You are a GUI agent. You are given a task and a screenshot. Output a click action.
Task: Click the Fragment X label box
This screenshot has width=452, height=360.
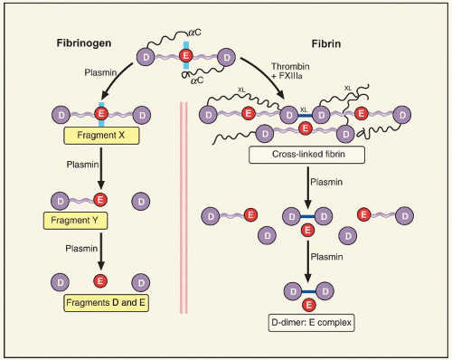[101, 136]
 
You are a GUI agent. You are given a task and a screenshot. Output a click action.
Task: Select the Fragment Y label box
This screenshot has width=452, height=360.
[75, 221]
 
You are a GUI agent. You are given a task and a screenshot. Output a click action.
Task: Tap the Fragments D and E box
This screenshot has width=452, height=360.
[106, 303]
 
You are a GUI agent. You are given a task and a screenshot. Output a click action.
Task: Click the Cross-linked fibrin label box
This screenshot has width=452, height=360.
[306, 155]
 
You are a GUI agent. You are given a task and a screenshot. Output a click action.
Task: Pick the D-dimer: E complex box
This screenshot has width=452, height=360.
[311, 323]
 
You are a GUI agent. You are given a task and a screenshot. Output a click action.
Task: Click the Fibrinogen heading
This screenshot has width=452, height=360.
[84, 43]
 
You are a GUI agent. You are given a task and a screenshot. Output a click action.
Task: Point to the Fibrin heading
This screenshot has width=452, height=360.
[326, 44]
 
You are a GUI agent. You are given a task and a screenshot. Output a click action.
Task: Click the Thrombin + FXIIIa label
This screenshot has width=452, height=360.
[290, 71]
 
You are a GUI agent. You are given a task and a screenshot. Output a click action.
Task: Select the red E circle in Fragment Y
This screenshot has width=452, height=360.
[100, 200]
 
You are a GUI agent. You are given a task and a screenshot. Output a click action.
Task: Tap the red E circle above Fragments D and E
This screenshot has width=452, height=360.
[100, 281]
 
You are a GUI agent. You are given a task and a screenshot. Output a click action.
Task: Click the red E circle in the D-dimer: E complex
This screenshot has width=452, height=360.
[309, 305]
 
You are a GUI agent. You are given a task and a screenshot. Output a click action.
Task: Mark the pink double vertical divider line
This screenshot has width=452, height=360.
[184, 208]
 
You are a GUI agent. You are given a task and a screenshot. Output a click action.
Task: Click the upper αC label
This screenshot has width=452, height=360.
[194, 33]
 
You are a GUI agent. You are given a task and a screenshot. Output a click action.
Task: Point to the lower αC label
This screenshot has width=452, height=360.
[197, 81]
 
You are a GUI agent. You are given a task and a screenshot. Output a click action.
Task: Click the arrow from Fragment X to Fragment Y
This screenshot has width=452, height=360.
[101, 168]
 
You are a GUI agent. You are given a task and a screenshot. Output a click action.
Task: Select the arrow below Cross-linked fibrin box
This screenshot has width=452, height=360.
[307, 187]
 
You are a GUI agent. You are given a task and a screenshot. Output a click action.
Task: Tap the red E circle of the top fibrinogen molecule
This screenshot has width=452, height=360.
[186, 56]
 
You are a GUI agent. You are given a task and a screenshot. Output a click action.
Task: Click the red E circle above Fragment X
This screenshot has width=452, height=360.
[101, 114]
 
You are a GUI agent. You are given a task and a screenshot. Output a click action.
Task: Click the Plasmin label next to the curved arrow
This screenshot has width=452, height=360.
[100, 72]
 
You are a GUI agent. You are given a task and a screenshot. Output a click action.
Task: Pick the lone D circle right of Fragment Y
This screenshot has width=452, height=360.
[141, 202]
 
